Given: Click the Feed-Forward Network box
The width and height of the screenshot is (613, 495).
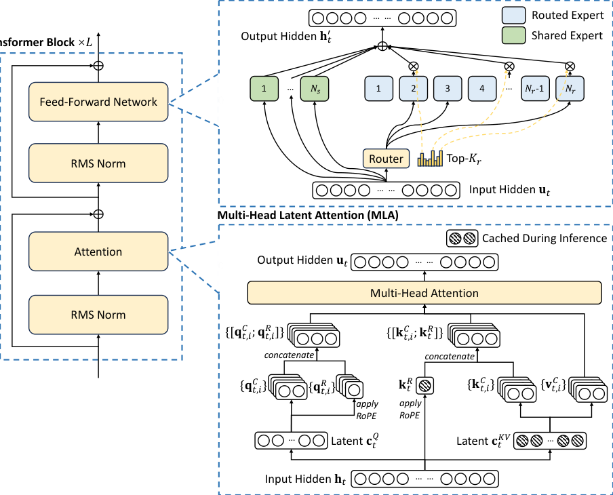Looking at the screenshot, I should pyautogui.click(x=98, y=102).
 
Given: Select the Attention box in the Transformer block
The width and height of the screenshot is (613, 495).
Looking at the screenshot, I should pyautogui.click(x=98, y=252).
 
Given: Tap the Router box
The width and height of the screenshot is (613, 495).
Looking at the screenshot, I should pyautogui.click(x=386, y=159).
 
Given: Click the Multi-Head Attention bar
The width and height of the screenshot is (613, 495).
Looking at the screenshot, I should pyautogui.click(x=424, y=294).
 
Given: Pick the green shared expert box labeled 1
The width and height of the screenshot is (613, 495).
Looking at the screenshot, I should pyautogui.click(x=264, y=88).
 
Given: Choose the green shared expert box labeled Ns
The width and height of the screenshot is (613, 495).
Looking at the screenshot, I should pyautogui.click(x=314, y=88).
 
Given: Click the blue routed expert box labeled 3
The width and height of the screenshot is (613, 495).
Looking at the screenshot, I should pyautogui.click(x=447, y=88).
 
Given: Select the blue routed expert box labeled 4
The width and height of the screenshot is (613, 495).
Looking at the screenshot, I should pyautogui.click(x=481, y=88).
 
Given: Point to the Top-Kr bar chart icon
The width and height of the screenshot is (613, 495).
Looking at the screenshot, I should pyautogui.click(x=430, y=159).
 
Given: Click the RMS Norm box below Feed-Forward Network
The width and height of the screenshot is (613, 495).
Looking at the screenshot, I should pyautogui.click(x=98, y=163).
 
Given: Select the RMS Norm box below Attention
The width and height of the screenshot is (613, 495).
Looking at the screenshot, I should pyautogui.click(x=98, y=315).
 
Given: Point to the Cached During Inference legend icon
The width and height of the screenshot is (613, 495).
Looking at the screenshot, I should pyautogui.click(x=462, y=239).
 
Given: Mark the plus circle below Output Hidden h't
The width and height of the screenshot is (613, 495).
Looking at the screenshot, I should pyautogui.click(x=382, y=47).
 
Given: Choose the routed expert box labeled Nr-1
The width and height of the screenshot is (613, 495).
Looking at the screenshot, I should pyautogui.click(x=534, y=88).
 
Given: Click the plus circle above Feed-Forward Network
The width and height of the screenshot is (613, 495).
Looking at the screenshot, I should pyautogui.click(x=98, y=65).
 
